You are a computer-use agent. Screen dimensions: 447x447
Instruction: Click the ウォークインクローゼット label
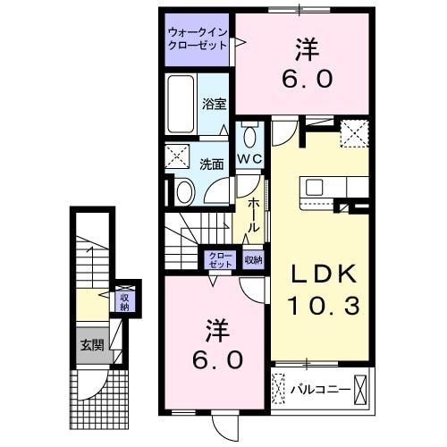click(198, 40)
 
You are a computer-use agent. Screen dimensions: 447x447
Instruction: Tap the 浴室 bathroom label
click(213, 103)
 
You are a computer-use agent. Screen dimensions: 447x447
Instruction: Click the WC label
click(249, 159)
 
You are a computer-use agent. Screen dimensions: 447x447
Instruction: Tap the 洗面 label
click(211, 164)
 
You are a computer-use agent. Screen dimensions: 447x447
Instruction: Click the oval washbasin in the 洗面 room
click(184, 190)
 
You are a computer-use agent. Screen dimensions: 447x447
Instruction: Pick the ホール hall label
click(253, 215)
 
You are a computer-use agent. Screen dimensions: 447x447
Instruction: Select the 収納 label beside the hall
click(253, 260)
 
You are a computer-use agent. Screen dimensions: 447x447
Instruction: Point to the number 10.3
click(323, 307)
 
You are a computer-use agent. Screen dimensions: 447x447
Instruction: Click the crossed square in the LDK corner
click(354, 134)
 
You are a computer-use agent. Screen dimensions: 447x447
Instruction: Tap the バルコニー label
click(313, 391)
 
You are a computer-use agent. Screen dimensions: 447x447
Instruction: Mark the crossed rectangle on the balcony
click(360, 391)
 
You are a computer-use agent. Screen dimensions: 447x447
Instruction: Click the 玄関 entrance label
click(92, 345)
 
